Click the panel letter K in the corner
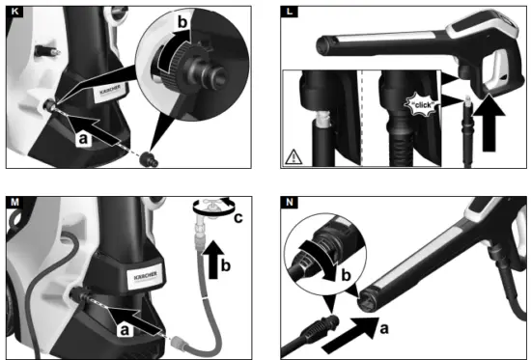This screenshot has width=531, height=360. tap(13, 13)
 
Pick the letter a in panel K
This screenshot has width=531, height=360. tap(85, 140)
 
